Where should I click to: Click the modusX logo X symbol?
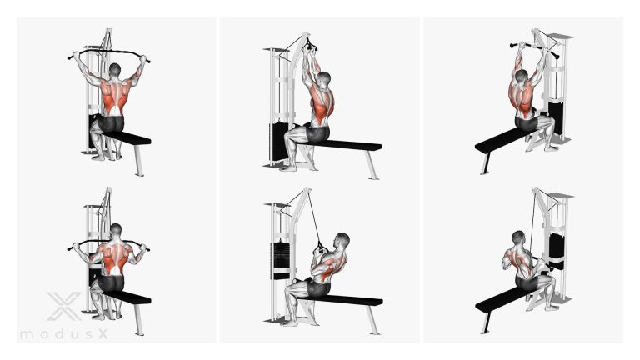click(x=63, y=306)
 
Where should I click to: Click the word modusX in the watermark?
click(x=64, y=335)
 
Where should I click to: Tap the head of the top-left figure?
click(x=115, y=70)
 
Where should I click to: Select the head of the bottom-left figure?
click(x=116, y=230)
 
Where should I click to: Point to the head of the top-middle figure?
click(x=325, y=79)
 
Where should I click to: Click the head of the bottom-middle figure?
click(x=342, y=240)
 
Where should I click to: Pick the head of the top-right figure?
click(x=521, y=77)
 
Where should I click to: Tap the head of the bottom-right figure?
click(x=518, y=237)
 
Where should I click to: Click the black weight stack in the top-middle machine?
click(x=279, y=141)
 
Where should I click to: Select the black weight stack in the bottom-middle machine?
click(x=281, y=256)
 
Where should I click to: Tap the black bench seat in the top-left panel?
click(x=126, y=137)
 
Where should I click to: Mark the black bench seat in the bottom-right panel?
click(x=501, y=299)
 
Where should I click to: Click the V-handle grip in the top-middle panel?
click(x=310, y=46)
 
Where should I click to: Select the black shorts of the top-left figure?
click(x=111, y=123)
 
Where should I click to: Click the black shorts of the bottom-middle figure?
click(x=318, y=288)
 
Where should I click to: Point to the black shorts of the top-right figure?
click(x=527, y=122)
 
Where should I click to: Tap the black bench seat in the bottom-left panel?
click(x=126, y=297)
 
